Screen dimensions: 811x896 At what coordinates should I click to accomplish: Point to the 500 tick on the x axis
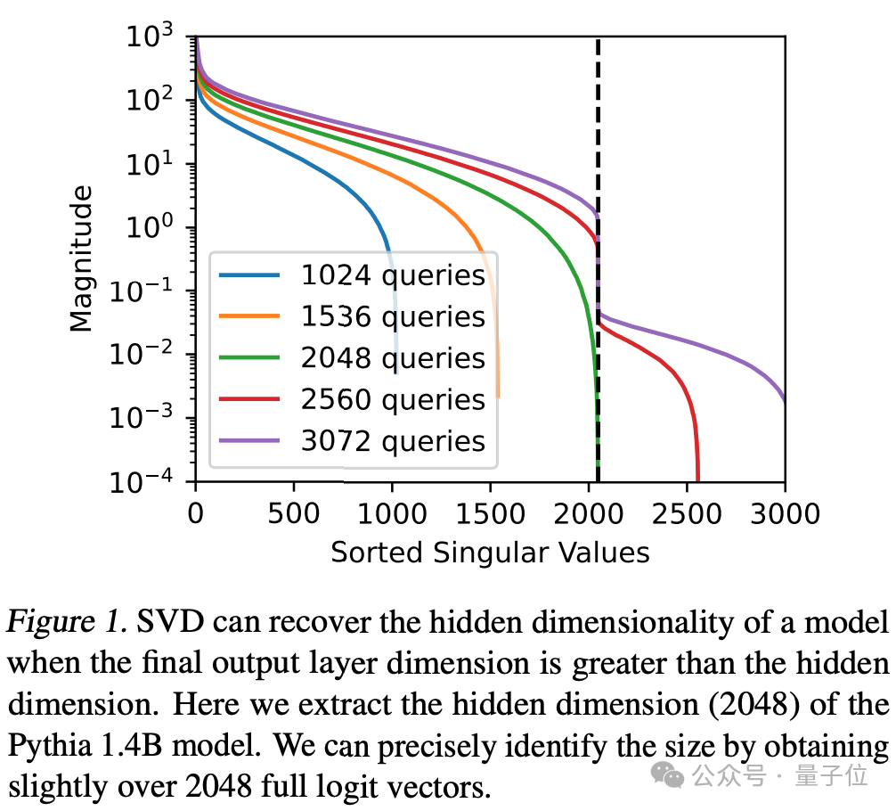(294, 513)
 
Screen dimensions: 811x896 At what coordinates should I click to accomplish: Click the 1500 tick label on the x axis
(490, 513)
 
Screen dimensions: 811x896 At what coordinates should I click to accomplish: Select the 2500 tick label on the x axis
(687, 513)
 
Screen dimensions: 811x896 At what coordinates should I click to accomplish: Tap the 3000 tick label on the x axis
(785, 513)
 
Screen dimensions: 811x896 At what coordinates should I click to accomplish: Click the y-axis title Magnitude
(82, 258)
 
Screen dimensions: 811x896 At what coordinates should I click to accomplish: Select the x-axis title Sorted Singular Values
(490, 553)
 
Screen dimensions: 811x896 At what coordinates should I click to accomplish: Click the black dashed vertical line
(598, 134)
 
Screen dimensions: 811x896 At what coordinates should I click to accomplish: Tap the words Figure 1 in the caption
(61, 621)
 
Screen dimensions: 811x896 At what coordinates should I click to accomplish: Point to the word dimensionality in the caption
(631, 621)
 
